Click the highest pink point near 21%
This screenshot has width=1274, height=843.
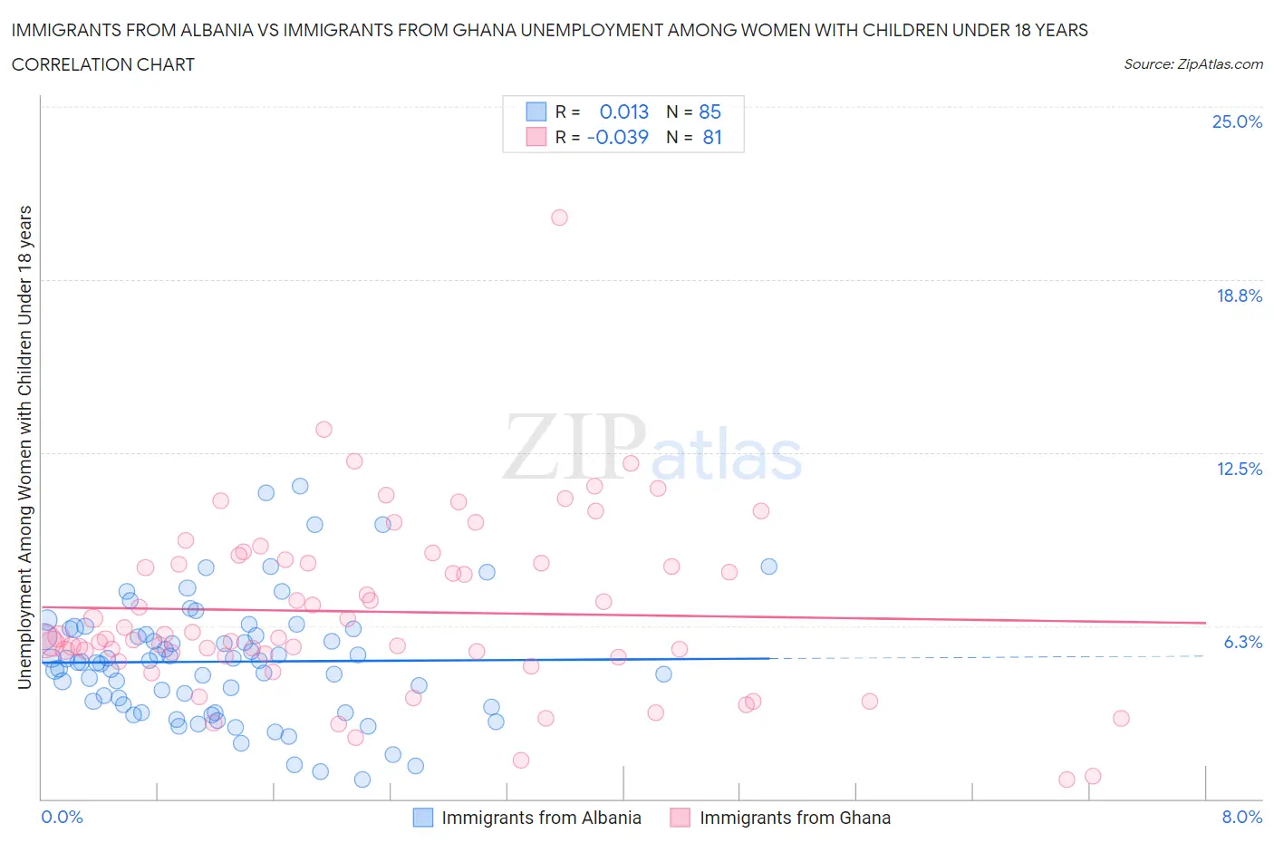[x=559, y=218]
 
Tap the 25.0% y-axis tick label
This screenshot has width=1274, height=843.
[x=1237, y=121]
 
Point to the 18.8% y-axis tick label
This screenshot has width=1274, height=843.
[x=1239, y=296]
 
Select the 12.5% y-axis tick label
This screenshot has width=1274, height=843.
[x=1239, y=469]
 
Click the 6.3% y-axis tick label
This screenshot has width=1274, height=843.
[x=1242, y=642]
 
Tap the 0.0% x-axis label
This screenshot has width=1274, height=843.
[x=62, y=817]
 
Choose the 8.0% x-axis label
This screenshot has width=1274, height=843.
[x=1241, y=817]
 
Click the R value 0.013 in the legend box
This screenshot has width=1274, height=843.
[x=624, y=111]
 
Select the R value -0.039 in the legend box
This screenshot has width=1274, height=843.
[x=618, y=137]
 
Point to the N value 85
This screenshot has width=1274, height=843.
[x=709, y=111]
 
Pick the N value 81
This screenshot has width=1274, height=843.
[x=712, y=137]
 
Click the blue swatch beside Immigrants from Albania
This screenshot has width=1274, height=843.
[x=423, y=818]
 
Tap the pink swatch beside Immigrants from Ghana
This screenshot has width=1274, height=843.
[x=680, y=818]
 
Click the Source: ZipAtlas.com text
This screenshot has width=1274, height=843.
[x=1192, y=63]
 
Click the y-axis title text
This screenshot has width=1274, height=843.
[x=24, y=447]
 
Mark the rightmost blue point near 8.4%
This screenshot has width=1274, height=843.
[x=768, y=567]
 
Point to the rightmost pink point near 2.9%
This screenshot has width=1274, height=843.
[x=1121, y=718]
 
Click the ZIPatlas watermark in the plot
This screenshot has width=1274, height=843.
[x=652, y=448]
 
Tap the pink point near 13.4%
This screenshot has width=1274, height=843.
[x=323, y=430]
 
